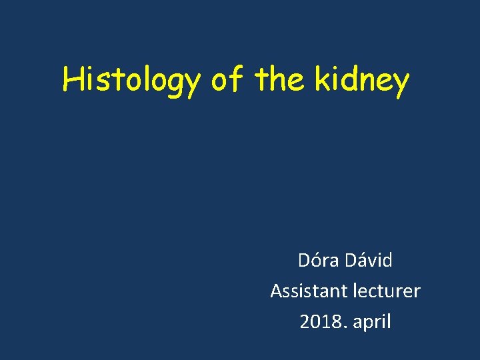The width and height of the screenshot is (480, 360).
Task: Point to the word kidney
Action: tap(361, 81)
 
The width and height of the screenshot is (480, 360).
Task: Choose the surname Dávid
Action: tap(369, 260)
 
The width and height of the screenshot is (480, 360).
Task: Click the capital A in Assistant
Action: tap(276, 291)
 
